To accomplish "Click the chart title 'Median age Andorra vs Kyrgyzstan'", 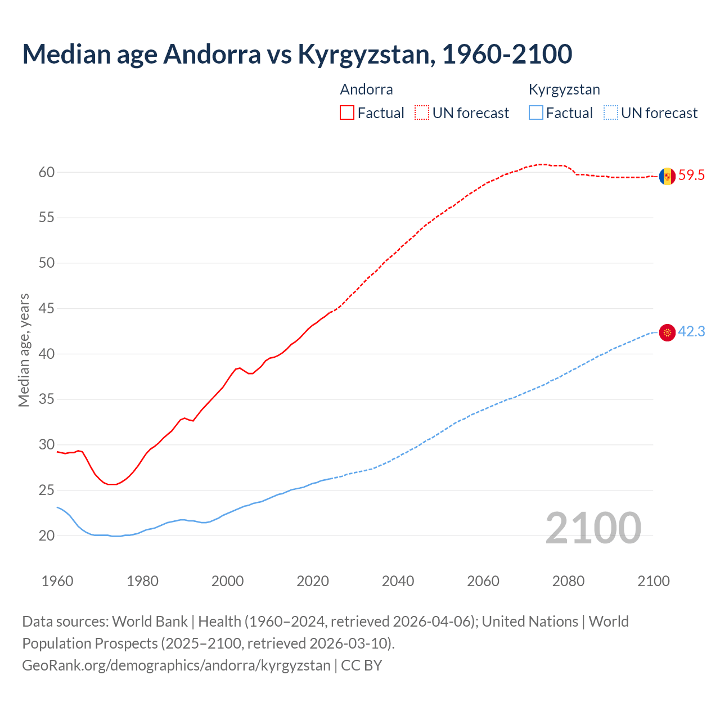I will coord(297,54).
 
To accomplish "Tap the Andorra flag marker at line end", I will coord(667,176).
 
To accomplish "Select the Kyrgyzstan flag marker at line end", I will coord(667,333).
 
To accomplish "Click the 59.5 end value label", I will coord(691,175).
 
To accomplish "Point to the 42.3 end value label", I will coord(691,332).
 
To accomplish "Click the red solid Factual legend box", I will coord(347,112).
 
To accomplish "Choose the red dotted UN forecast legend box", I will coord(422,112).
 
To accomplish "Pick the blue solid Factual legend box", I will coord(536,112).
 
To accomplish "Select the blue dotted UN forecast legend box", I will coord(610,112).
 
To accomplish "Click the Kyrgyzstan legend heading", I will coord(564,89).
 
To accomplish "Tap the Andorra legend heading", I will coord(366,89).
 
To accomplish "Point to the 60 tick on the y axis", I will coord(47,172).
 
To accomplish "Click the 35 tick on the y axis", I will coord(47,399).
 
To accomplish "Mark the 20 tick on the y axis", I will coord(47,535).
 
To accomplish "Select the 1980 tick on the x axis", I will coord(142,581).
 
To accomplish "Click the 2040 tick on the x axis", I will coord(398,581).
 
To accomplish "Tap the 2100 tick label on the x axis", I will coord(654,581).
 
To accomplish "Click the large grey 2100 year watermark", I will coord(593,528).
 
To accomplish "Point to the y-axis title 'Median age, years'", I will coord(24,350).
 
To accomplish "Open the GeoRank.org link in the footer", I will coord(176,665).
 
